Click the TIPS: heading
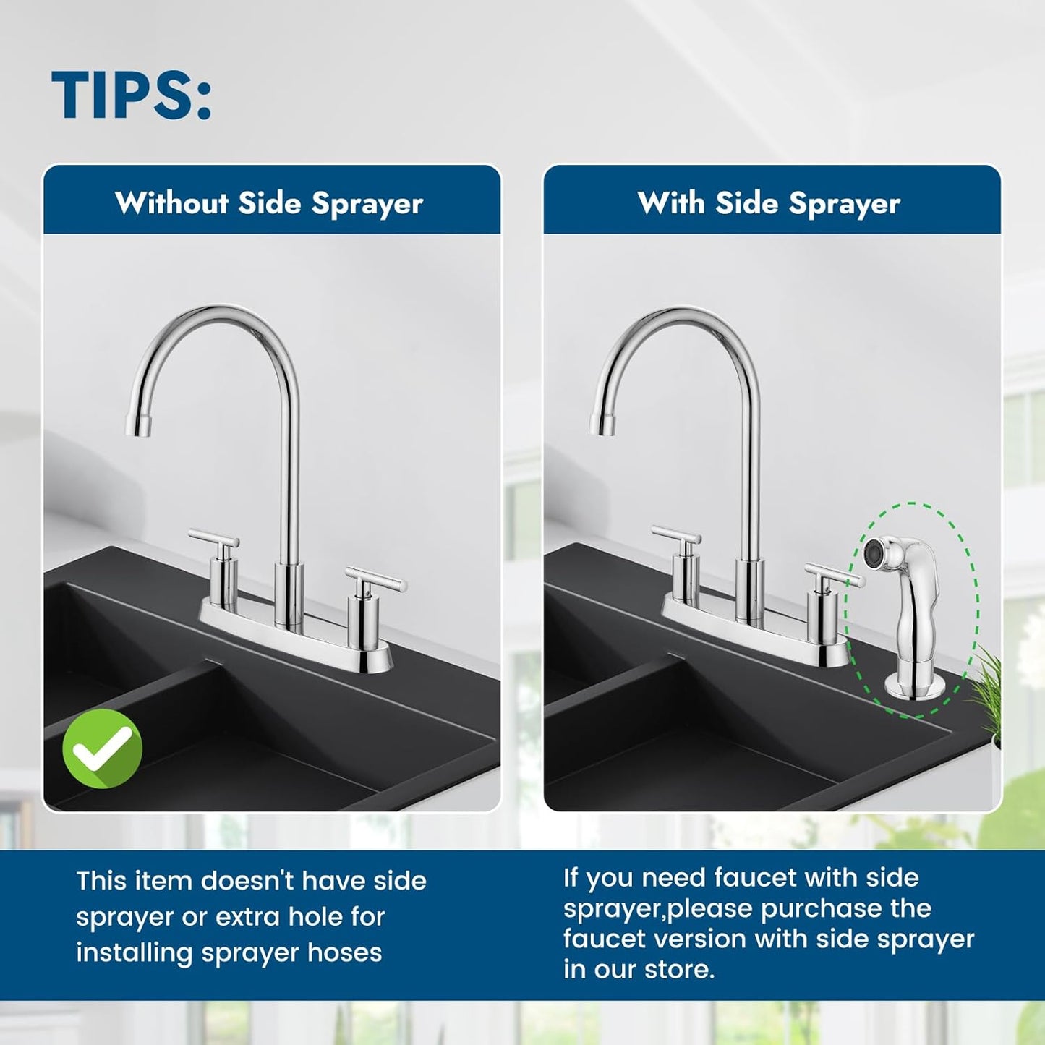click(131, 95)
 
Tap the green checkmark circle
click(103, 749)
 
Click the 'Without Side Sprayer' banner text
click(269, 203)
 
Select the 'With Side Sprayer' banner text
click(769, 203)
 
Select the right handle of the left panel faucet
click(376, 580)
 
